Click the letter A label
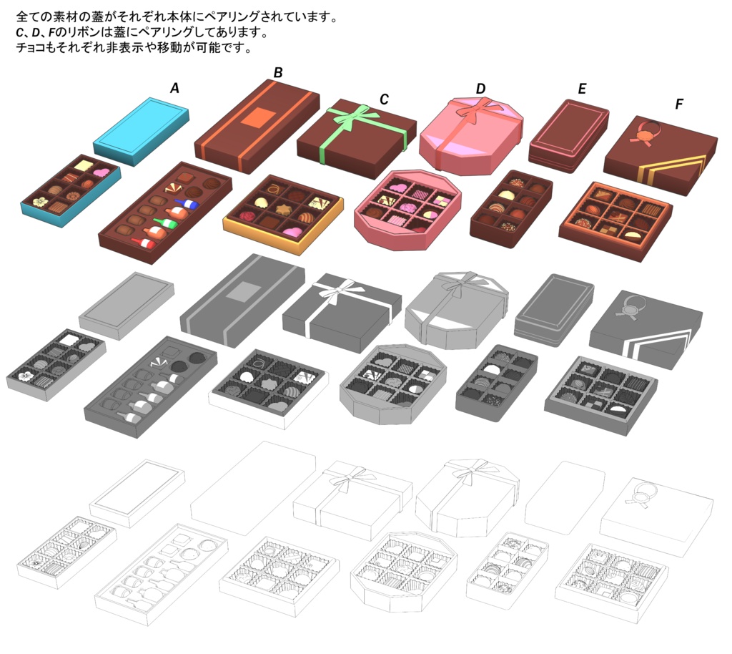(174, 88)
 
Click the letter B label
(278, 72)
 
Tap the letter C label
(384, 99)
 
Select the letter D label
(480, 89)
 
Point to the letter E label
(582, 89)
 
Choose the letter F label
(679, 104)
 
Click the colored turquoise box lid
(141, 127)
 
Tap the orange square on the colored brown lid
(257, 117)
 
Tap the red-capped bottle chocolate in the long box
(143, 244)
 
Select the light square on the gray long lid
(244, 292)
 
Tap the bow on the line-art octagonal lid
(468, 471)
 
